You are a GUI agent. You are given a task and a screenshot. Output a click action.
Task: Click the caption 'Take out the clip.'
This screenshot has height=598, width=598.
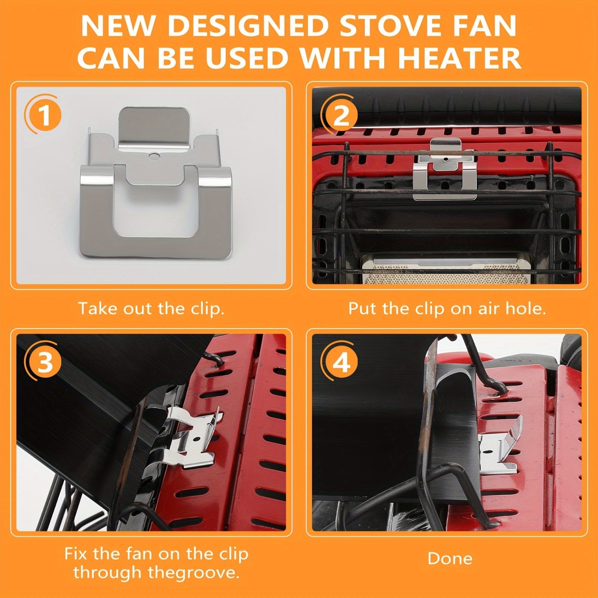tap(151, 309)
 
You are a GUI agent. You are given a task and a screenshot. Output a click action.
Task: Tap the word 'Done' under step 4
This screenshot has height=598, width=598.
tap(450, 558)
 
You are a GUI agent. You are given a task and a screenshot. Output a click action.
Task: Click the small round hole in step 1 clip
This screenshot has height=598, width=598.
tap(153, 154)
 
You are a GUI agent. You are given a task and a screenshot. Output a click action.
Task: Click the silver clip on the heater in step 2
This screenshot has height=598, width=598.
tap(445, 169)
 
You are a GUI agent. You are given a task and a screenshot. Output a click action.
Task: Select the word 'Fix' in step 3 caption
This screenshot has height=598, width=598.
tap(76, 553)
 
